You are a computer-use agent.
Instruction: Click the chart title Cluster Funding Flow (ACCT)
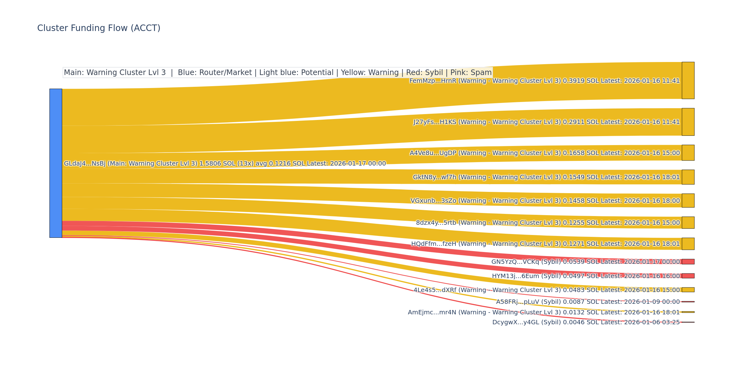99,28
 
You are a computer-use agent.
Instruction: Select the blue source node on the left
56,163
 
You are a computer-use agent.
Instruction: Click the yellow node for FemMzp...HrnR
688,80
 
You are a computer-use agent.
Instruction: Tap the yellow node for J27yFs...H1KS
688,122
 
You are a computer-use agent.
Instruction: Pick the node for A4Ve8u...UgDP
688,153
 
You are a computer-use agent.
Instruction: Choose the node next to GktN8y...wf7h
688,177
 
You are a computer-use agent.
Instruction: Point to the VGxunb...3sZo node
688,201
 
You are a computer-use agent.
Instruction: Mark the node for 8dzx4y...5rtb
688,223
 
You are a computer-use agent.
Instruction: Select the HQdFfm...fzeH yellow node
688,244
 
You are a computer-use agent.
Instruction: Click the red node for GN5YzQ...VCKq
688,262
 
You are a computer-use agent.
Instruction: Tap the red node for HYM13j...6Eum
688,276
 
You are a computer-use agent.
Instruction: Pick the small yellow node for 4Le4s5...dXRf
688,290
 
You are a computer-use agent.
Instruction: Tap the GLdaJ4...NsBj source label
85,164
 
